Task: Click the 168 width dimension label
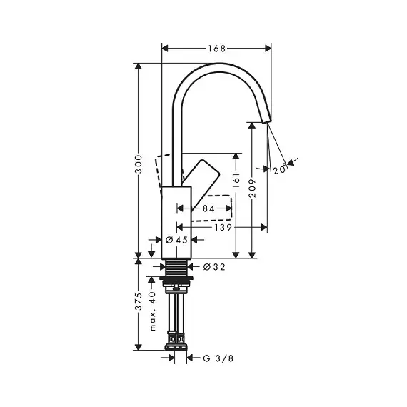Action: click(217, 49)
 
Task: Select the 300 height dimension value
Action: click(139, 164)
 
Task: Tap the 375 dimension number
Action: click(139, 301)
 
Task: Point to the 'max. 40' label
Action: click(153, 311)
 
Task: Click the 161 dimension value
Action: click(236, 180)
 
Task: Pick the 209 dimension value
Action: click(252, 188)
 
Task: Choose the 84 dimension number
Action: click(208, 208)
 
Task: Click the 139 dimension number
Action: click(223, 228)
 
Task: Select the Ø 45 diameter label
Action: click(176, 240)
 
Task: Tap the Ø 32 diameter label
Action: click(214, 267)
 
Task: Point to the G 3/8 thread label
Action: click(218, 358)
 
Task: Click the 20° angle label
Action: click(280, 169)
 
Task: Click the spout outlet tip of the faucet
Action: click(267, 122)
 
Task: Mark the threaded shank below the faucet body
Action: click(176, 267)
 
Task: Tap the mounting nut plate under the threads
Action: click(176, 278)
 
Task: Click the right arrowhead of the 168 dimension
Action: click(268, 49)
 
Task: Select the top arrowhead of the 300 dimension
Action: click(139, 66)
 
